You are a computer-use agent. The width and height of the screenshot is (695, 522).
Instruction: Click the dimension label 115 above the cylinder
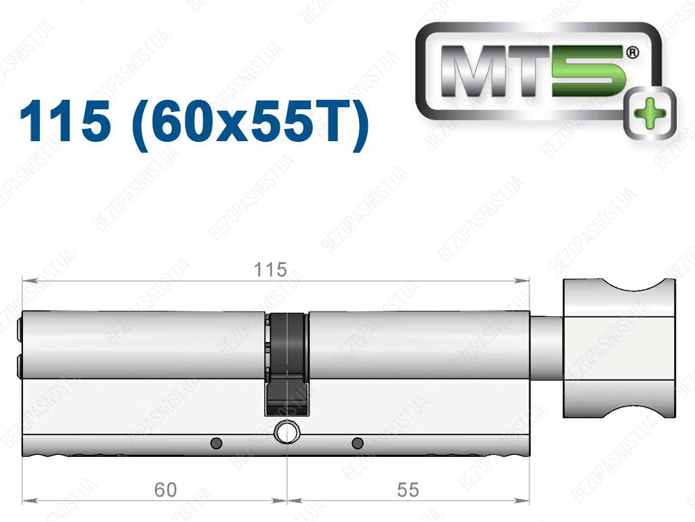(x=270, y=269)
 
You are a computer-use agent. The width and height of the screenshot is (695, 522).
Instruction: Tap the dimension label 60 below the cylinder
(x=166, y=489)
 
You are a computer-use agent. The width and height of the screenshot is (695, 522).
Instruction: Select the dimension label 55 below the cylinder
(x=408, y=489)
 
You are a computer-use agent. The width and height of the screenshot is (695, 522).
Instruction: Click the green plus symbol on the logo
(x=650, y=113)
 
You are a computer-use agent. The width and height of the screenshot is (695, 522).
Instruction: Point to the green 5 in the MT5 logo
(x=588, y=71)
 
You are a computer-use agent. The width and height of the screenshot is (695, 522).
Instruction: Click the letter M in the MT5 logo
(x=472, y=71)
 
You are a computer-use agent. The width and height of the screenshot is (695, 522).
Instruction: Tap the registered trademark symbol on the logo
(x=633, y=53)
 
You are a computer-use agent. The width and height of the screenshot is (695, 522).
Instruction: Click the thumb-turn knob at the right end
(x=619, y=348)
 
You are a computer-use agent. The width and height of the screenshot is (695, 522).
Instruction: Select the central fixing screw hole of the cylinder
(x=287, y=432)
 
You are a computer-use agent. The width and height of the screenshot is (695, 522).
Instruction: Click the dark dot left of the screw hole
(x=217, y=443)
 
